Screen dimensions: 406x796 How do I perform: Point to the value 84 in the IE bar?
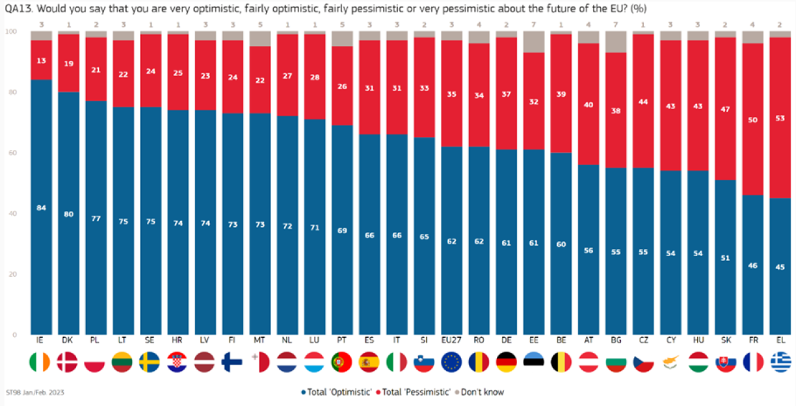(x=41, y=207)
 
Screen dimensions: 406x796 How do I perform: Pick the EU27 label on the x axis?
(x=451, y=340)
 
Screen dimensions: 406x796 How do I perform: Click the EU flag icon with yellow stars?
(x=451, y=362)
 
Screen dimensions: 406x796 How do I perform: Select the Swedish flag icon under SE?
(x=150, y=362)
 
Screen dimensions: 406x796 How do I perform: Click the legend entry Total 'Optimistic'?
(x=334, y=392)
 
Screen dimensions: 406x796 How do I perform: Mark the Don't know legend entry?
(x=478, y=392)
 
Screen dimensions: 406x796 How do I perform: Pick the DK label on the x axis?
(x=68, y=340)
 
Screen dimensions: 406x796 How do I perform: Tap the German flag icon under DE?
(x=505, y=362)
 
